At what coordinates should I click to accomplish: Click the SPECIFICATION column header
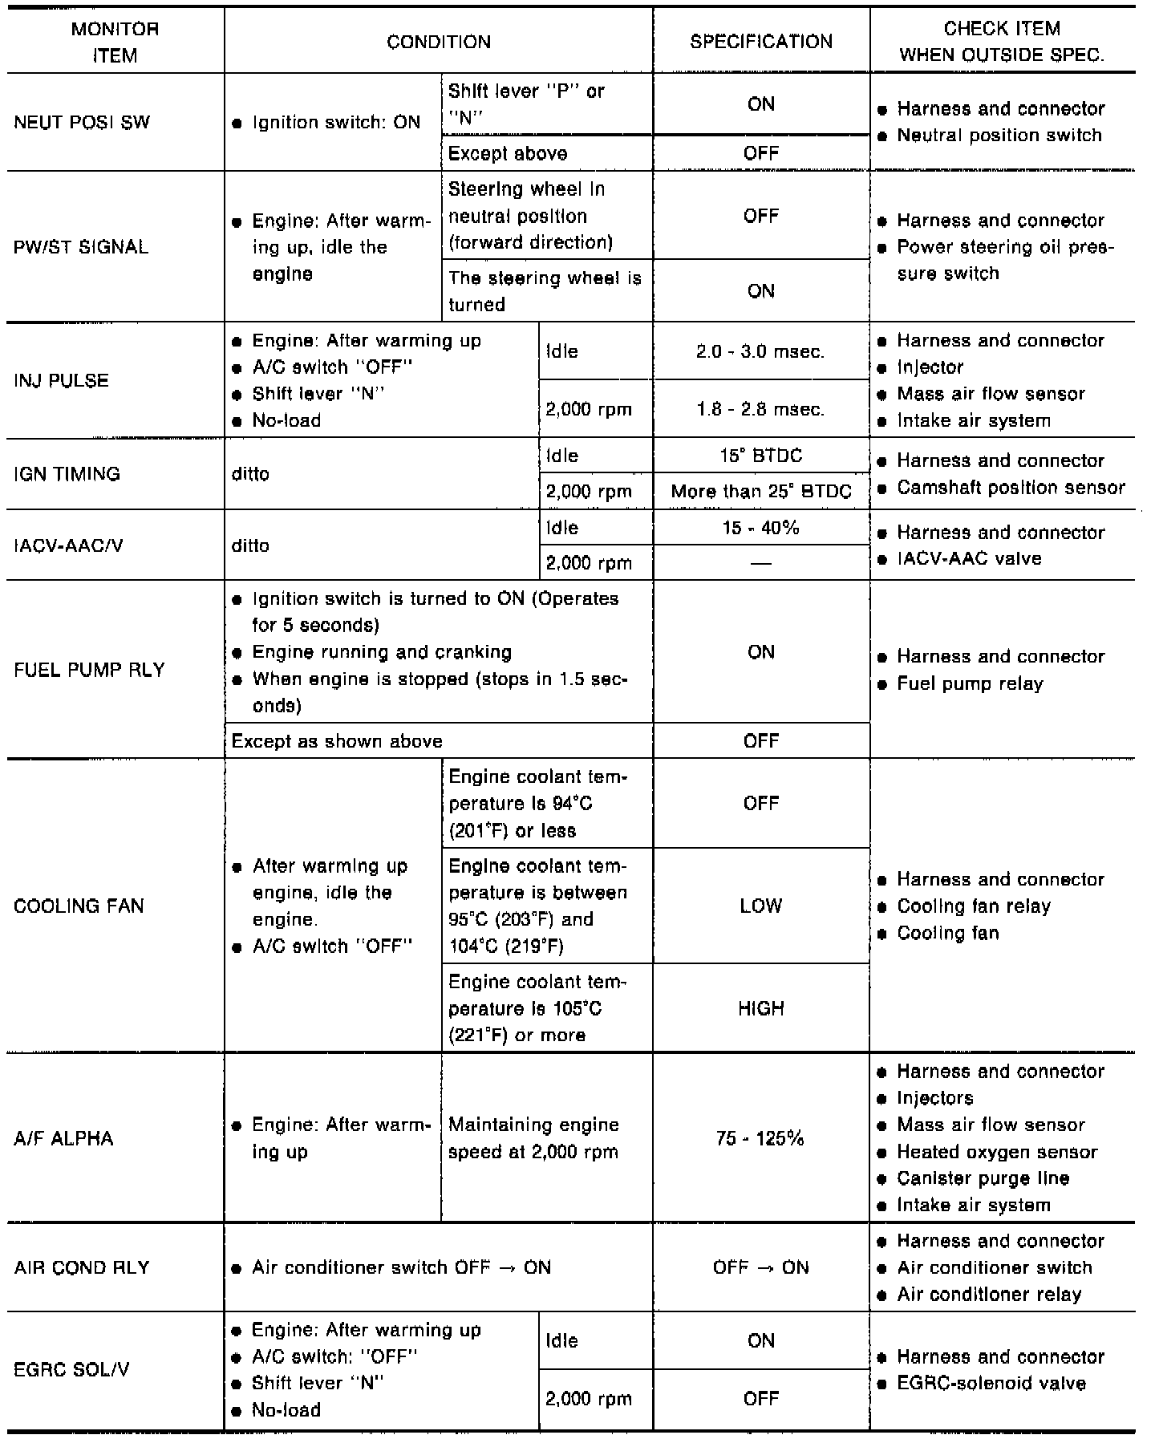pyautogui.click(x=761, y=42)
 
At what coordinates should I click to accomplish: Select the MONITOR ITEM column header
pyautogui.click(x=115, y=43)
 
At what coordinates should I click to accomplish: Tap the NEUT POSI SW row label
pyautogui.click(x=82, y=123)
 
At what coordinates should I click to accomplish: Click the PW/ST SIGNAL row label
pyautogui.click(x=81, y=247)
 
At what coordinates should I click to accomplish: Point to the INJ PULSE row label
pyautogui.click(x=61, y=380)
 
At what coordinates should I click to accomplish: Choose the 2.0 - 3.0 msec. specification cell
pyautogui.click(x=760, y=351)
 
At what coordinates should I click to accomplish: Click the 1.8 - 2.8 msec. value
pyautogui.click(x=760, y=409)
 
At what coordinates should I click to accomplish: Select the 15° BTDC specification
pyautogui.click(x=760, y=456)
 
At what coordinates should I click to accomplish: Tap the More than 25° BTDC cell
pyautogui.click(x=761, y=491)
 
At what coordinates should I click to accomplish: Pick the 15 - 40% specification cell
pyautogui.click(x=760, y=528)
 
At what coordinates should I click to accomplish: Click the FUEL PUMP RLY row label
pyautogui.click(x=89, y=670)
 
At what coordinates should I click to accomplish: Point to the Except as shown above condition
pyautogui.click(x=337, y=741)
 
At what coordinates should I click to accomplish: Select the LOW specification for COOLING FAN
pyautogui.click(x=760, y=906)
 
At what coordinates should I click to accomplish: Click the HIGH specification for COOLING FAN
pyautogui.click(x=760, y=1008)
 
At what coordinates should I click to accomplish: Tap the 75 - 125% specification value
pyautogui.click(x=760, y=1138)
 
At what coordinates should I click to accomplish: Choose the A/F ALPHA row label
pyautogui.click(x=63, y=1138)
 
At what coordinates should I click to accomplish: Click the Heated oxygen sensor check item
pyautogui.click(x=997, y=1152)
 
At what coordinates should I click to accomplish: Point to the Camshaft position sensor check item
pyautogui.click(x=1011, y=488)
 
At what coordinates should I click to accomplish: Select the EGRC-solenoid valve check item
pyautogui.click(x=991, y=1384)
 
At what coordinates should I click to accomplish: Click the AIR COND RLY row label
pyautogui.click(x=82, y=1267)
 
